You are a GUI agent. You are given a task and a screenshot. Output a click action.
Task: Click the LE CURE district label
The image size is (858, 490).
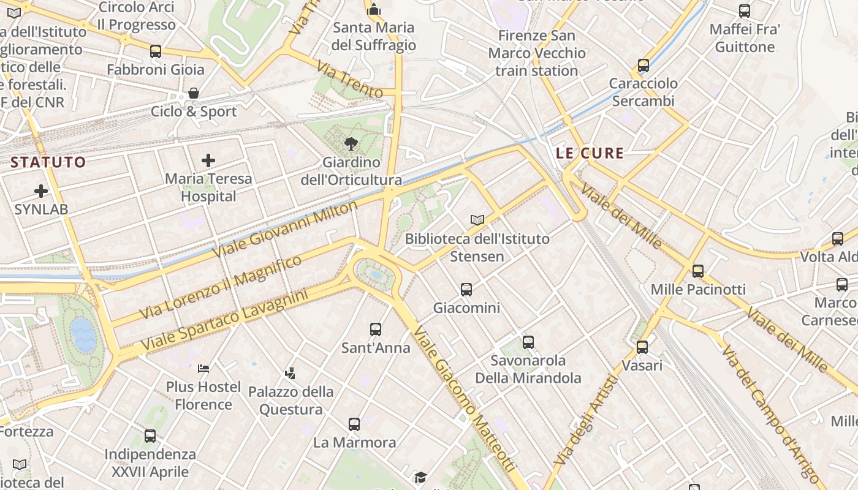point(590,153)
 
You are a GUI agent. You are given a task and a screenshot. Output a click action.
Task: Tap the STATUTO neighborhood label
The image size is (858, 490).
point(48,162)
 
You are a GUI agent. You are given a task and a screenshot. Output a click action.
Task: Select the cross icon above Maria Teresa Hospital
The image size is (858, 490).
point(208,160)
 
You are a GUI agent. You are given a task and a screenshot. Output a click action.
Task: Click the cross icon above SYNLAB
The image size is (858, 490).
point(41,191)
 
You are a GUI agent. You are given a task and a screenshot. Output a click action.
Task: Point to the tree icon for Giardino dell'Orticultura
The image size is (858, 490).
point(351,145)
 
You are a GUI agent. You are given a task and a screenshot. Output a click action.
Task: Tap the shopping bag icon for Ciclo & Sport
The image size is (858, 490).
point(194,93)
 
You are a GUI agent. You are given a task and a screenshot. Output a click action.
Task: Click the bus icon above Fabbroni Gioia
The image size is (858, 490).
point(156,51)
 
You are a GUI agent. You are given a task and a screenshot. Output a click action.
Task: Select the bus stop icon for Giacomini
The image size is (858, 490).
point(466,289)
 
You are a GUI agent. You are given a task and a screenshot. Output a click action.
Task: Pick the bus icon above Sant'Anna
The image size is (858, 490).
point(376,330)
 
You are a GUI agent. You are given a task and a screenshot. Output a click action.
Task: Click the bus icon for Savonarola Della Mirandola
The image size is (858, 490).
point(528,342)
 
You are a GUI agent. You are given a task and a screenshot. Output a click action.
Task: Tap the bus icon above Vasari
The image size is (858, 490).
point(642,347)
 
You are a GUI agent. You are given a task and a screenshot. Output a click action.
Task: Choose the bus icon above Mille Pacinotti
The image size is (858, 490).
point(697,271)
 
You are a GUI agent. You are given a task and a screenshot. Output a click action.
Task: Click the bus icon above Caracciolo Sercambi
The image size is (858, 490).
point(643,65)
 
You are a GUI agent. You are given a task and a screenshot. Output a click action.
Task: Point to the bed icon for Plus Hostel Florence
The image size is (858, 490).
point(203,368)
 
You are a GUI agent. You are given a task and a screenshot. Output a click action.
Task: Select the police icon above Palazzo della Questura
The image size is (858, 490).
point(290,372)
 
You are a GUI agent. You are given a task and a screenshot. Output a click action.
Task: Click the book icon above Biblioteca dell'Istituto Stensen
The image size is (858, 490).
point(477,219)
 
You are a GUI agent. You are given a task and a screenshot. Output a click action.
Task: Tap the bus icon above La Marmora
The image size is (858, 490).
point(354,424)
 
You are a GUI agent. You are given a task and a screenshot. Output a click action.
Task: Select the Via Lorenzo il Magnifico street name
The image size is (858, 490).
point(221,287)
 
